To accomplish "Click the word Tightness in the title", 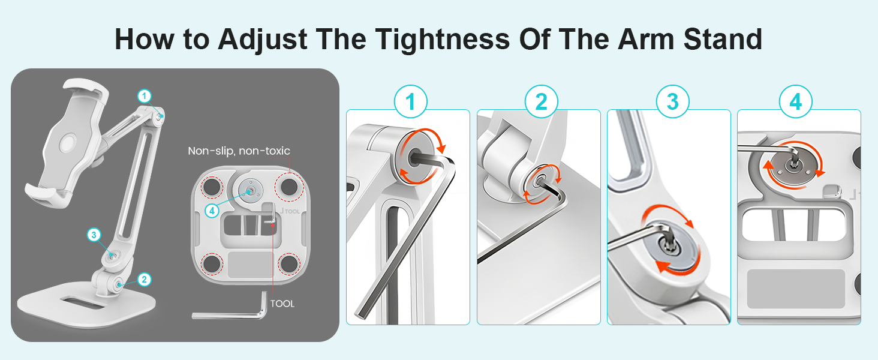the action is click(x=443, y=40).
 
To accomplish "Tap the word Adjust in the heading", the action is click(x=263, y=40).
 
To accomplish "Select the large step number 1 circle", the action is click(x=410, y=101).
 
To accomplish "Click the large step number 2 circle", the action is click(x=542, y=101).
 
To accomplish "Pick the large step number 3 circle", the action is click(x=673, y=101).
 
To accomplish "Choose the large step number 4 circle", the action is click(x=796, y=101).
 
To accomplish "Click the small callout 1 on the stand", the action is click(x=145, y=95).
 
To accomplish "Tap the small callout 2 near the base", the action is click(x=145, y=279).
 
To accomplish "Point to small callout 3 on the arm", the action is click(x=94, y=235).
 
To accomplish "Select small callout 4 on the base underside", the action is click(x=212, y=211).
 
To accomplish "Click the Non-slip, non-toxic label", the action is click(x=239, y=151).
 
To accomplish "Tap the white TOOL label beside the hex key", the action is click(x=282, y=304).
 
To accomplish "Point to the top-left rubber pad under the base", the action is click(x=212, y=186).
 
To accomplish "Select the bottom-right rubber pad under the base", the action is click(x=289, y=264).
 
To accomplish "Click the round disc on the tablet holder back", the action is click(x=68, y=143).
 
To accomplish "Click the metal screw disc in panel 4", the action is click(x=793, y=166).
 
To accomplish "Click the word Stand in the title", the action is click(x=723, y=40).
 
